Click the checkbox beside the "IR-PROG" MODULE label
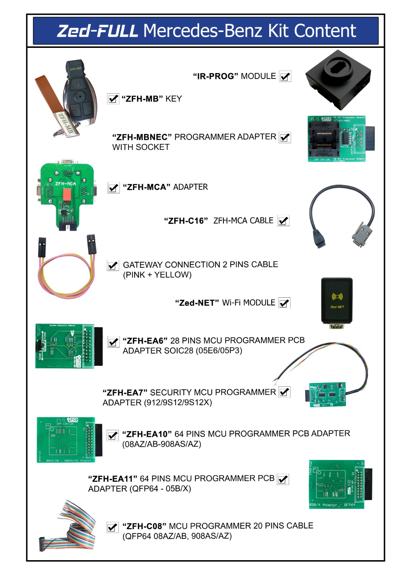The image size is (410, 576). click(x=285, y=77)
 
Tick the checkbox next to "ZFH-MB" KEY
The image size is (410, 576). click(x=113, y=99)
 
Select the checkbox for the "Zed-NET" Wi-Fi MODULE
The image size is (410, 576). click(x=284, y=303)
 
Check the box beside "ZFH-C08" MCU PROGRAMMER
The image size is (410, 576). click(x=113, y=527)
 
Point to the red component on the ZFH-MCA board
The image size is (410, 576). click(x=67, y=195)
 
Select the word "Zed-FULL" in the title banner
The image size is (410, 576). click(x=98, y=31)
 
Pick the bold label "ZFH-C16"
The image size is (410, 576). click(x=186, y=221)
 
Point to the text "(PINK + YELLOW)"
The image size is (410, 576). click(x=157, y=275)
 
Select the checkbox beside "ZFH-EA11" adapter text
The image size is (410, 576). click(x=283, y=479)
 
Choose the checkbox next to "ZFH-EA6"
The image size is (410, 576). click(x=113, y=342)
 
